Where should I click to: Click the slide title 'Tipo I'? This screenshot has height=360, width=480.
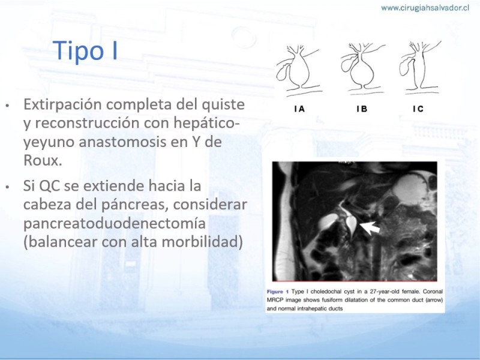point(85,50)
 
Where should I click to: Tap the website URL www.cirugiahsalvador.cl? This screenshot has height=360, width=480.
point(425,8)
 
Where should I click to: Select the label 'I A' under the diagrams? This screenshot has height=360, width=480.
point(299,109)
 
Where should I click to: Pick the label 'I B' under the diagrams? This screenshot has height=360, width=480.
point(362,109)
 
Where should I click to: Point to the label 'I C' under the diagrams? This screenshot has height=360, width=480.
point(418,109)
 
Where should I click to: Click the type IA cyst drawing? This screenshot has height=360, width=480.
point(299,70)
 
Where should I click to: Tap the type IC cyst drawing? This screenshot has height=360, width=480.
point(419,67)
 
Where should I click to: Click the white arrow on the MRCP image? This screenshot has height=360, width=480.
point(370,228)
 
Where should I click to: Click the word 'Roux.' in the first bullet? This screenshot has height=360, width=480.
point(43,160)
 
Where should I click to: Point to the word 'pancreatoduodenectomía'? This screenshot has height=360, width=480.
point(114,223)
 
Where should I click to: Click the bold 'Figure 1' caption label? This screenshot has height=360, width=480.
point(278,292)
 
